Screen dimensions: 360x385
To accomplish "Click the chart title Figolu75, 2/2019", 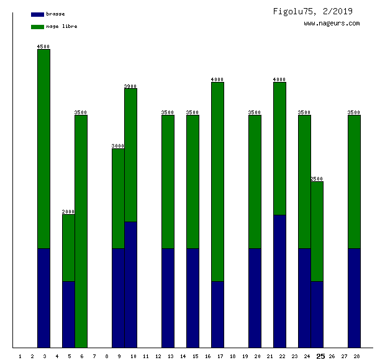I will (x=312, y=11).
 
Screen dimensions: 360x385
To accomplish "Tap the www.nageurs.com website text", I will (x=332, y=24).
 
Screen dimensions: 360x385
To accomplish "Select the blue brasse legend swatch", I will (x=37, y=14).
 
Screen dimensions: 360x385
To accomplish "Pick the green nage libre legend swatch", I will (x=37, y=27).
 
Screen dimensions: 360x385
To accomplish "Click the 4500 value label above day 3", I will (x=43, y=47).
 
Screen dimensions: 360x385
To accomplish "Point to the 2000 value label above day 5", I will (x=68, y=212).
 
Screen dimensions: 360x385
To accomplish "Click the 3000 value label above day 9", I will (x=118, y=146).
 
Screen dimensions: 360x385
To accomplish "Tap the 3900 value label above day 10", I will (x=130, y=86).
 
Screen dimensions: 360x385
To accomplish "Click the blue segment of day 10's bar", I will (x=130, y=284).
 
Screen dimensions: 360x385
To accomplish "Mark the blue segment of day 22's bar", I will (x=279, y=281).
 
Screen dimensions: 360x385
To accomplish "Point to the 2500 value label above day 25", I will (x=317, y=179).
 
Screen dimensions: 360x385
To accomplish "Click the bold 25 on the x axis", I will (x=320, y=356).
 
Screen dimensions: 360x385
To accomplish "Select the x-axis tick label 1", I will (x=20, y=356).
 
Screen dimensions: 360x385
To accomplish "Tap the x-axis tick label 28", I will (x=356, y=356).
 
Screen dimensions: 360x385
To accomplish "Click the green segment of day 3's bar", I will (x=43, y=149).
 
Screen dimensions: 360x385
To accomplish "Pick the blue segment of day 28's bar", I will (x=354, y=298).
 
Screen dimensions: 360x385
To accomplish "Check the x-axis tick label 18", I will (x=232, y=356).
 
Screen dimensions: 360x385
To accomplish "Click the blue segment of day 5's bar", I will (x=68, y=314).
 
